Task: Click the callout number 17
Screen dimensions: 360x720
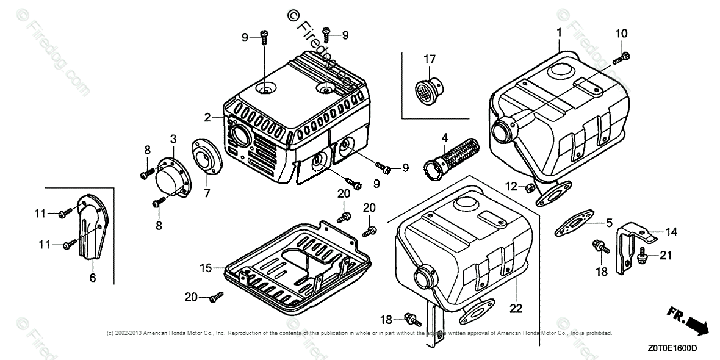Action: tap(430, 59)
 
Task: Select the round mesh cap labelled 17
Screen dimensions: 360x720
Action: tap(422, 90)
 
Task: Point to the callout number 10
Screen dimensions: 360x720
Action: tap(621, 32)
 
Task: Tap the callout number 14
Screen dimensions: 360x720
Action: tap(671, 232)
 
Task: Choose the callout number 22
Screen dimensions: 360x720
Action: tap(516, 309)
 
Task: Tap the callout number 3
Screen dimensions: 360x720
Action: tap(173, 139)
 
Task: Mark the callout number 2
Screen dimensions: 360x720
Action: tap(207, 117)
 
